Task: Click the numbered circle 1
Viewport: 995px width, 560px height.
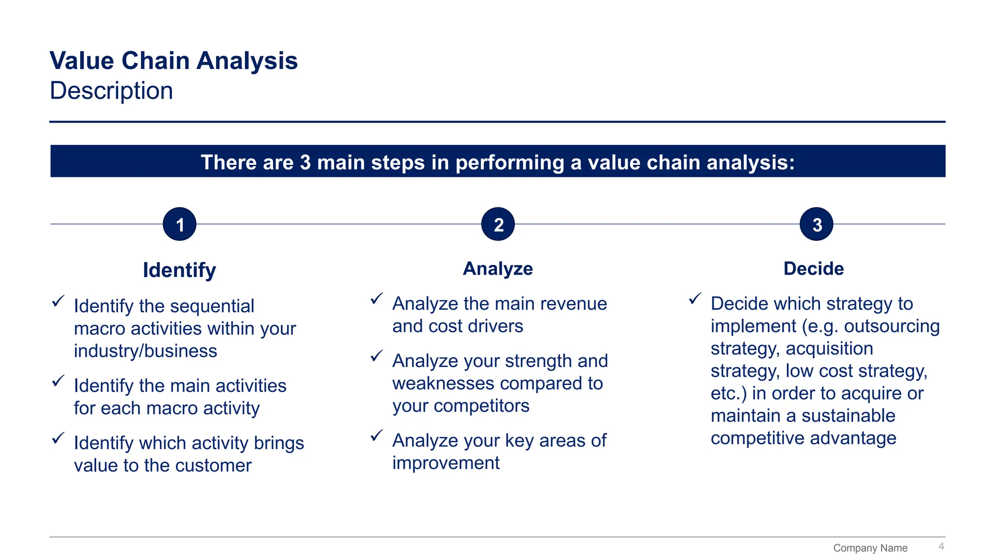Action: [x=179, y=224]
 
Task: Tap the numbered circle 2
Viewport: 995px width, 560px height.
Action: [x=497, y=224]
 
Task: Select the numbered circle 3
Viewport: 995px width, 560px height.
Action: [x=816, y=224]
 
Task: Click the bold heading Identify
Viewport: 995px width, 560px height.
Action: [x=179, y=270]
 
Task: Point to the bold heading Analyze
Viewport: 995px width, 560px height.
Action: [x=497, y=268]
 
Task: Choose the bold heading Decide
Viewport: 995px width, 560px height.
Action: [x=813, y=268]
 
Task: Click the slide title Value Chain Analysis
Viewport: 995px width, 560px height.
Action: [x=173, y=61]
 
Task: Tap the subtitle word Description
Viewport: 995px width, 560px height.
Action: [x=111, y=91]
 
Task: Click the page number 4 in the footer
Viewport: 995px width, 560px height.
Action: [x=941, y=546]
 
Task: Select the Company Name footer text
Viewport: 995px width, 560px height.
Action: [x=870, y=548]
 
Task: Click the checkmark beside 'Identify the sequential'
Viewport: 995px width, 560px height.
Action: [x=58, y=301]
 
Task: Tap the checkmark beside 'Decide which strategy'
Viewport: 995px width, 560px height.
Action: [x=695, y=298]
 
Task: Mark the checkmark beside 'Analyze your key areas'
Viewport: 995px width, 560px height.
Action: [x=377, y=436]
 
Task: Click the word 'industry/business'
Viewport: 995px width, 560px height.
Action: [x=145, y=351]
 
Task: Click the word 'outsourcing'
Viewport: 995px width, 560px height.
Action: [x=892, y=326]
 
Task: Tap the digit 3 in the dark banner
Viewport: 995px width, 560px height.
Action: [x=305, y=162]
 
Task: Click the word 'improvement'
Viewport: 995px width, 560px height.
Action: [x=446, y=463]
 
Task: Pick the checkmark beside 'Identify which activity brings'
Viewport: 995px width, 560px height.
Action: [x=58, y=438]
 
